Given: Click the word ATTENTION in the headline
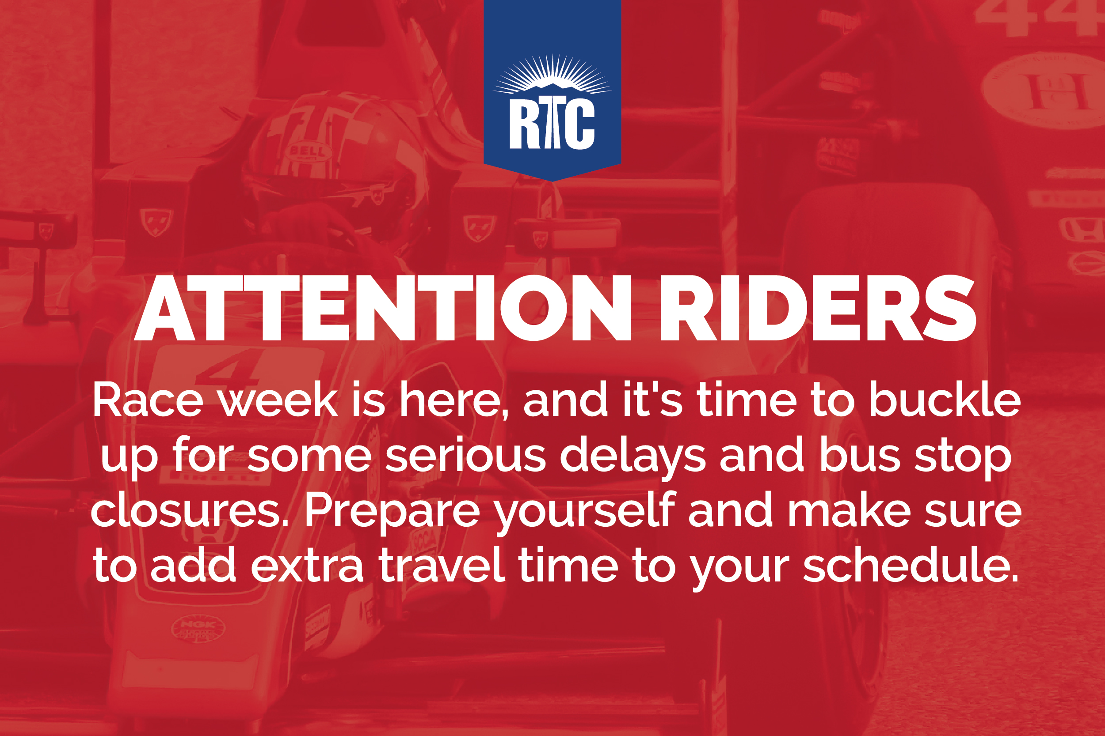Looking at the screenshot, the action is (x=383, y=308).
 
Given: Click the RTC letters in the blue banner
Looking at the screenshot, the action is (x=552, y=125).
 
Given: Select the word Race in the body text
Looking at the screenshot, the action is (x=148, y=400).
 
